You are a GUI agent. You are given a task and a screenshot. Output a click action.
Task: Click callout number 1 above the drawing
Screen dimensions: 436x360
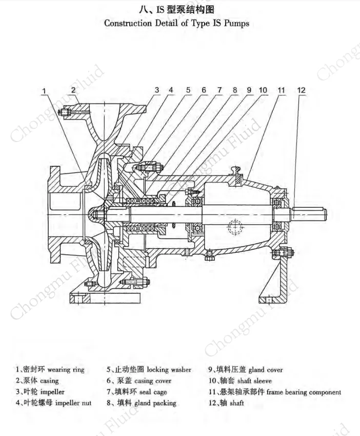click(45, 91)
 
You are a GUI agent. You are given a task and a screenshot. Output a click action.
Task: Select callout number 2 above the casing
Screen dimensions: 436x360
click(73, 90)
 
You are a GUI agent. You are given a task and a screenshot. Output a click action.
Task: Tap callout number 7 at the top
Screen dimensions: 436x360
click(219, 90)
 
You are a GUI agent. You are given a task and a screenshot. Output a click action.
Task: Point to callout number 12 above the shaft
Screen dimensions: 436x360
click(301, 90)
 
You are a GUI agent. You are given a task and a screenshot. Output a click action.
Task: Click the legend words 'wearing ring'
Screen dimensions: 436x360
click(66, 369)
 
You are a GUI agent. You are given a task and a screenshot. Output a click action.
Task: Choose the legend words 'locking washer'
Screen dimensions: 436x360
click(169, 369)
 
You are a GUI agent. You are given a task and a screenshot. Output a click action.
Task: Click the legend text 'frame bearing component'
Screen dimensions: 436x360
click(304, 392)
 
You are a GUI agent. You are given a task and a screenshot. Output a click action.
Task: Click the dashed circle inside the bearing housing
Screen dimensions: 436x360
click(236, 226)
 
